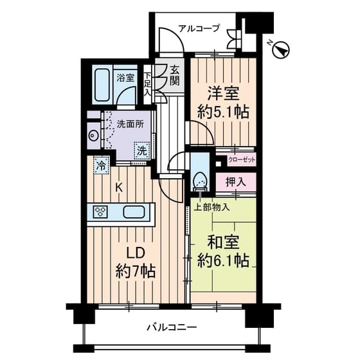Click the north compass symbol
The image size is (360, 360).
280,51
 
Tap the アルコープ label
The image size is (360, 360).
199,29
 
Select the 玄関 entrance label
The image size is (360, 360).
175,76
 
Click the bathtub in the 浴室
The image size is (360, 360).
102,85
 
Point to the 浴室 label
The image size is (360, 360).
125,78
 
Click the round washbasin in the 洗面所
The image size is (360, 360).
93,135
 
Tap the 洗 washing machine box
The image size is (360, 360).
141,150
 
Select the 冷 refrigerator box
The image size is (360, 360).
102,165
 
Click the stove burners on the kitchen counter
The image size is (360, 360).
101,212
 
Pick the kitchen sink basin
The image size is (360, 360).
134,212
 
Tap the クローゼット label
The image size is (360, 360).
241,159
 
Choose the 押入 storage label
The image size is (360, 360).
236,182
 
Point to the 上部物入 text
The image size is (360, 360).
212,208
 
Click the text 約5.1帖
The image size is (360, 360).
223,113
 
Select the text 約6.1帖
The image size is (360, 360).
223,260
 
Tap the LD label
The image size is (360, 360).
136,254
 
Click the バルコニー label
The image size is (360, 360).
172,327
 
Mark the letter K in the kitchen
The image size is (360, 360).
118,188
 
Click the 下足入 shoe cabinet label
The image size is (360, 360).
148,84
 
